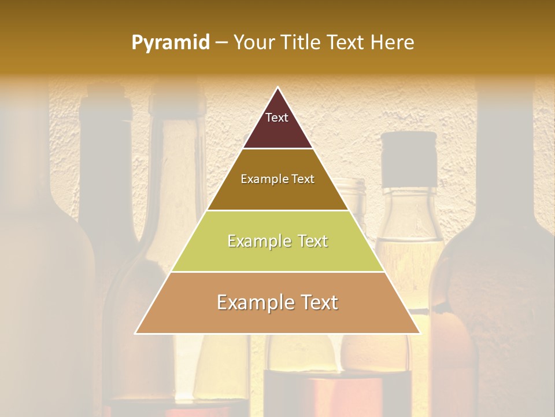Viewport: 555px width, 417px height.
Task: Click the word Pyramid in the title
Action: [x=170, y=43]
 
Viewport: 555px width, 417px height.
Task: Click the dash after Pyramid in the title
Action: [x=221, y=43]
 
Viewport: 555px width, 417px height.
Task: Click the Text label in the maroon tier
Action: [x=277, y=118]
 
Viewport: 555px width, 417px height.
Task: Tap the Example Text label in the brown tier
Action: [x=277, y=179]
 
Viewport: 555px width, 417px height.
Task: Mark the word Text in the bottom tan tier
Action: [x=319, y=302]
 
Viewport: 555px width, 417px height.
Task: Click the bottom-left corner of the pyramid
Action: [x=136, y=333]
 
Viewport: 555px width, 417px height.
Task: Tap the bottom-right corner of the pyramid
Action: [x=420, y=333]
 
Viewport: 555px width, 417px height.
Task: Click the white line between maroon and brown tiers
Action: [x=277, y=148]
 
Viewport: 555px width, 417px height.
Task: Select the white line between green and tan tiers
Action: [x=277, y=272]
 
